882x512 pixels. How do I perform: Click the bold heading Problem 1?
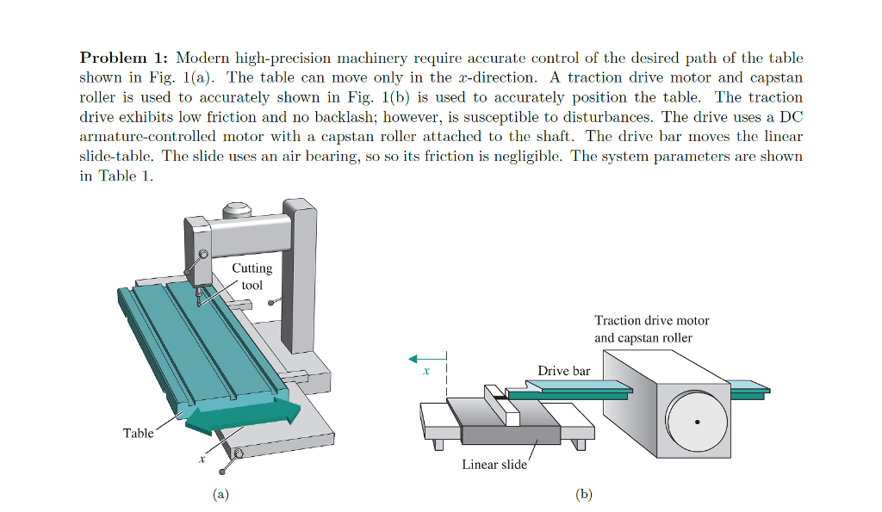coord(124,58)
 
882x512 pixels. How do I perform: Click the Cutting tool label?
coord(252,276)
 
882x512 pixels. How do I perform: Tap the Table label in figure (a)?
coord(138,433)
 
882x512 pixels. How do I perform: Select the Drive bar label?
coord(564,370)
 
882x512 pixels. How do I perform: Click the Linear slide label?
coord(494,465)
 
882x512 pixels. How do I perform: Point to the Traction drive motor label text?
coord(651,320)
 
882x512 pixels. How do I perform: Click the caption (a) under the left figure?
coord(221,494)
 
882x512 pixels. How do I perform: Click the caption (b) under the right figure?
coord(585,494)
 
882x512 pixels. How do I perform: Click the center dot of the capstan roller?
coord(697,422)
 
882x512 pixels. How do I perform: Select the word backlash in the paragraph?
coord(394,117)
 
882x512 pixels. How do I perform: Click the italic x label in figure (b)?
coord(425,373)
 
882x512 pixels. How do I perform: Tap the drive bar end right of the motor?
coord(749,390)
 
